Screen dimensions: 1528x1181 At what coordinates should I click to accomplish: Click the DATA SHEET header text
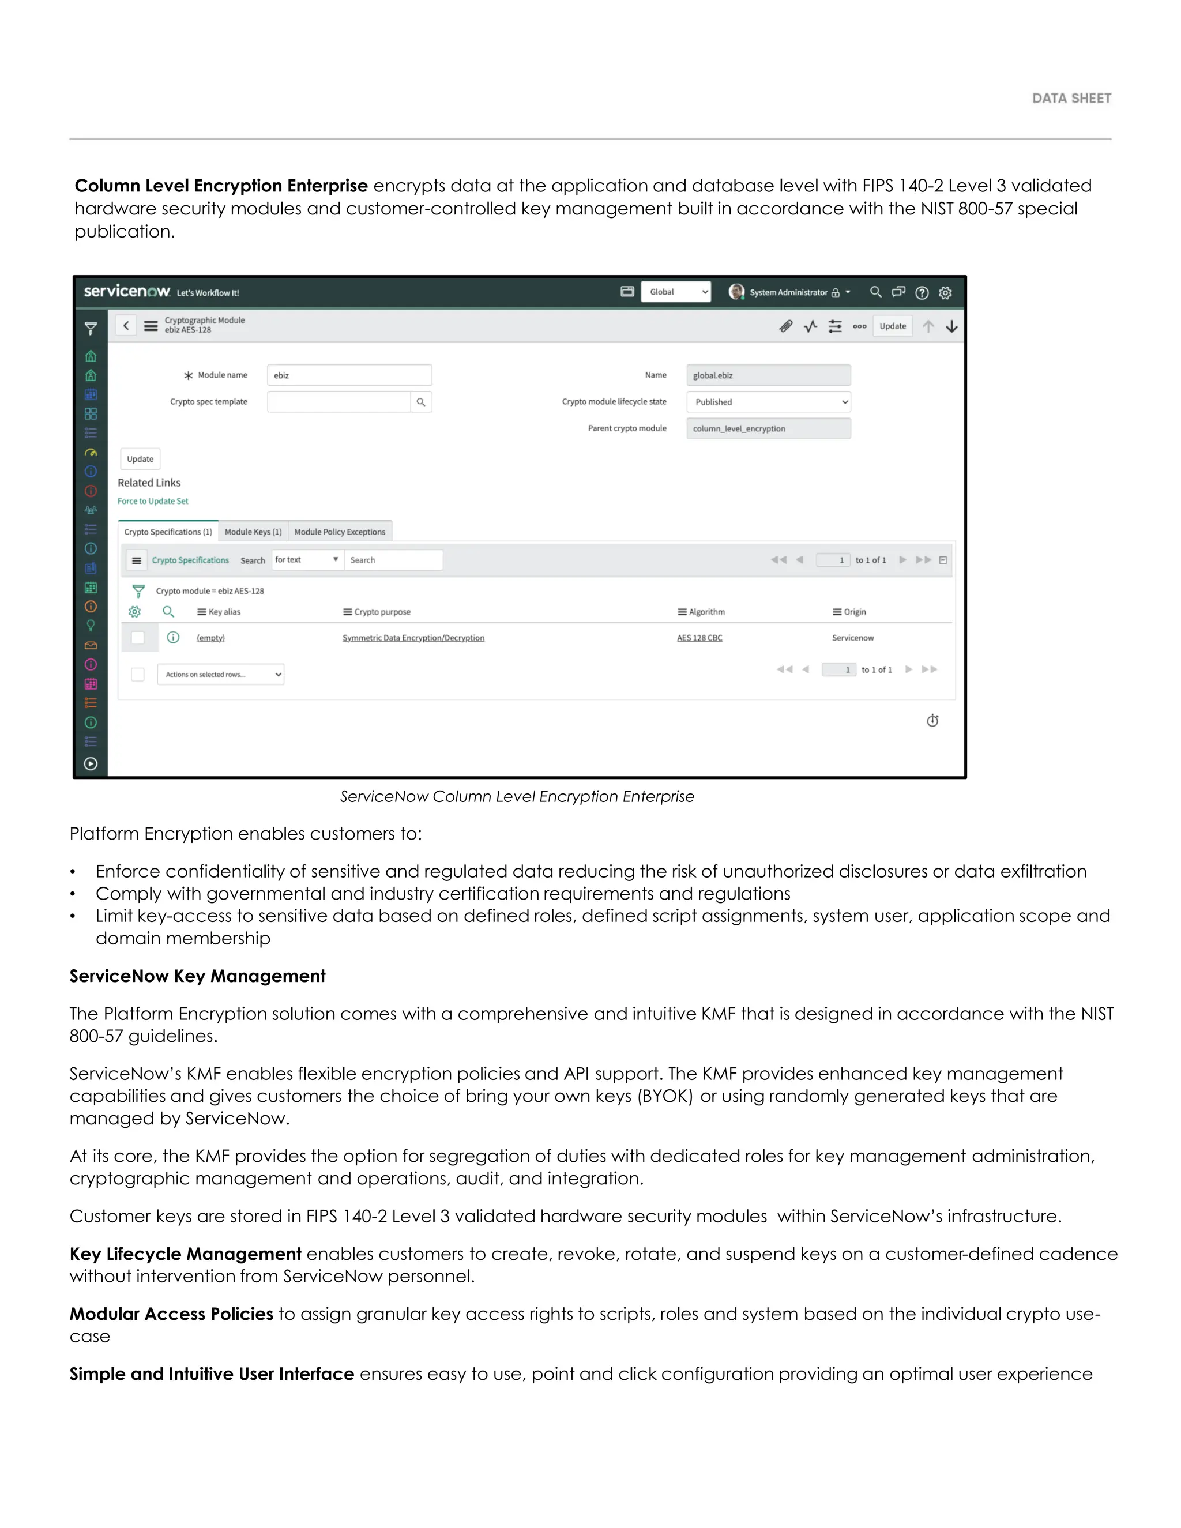point(1070,99)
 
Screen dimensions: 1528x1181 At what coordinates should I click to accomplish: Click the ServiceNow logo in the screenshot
point(127,291)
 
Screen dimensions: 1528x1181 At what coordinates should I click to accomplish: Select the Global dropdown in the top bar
point(675,292)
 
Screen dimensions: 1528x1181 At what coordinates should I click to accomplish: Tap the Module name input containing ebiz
point(348,375)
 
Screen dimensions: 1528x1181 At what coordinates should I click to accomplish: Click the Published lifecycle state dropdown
point(768,401)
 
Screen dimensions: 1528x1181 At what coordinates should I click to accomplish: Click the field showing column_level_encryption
point(768,428)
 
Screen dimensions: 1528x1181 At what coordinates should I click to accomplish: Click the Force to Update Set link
point(152,501)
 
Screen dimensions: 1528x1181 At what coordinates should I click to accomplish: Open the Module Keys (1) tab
point(253,532)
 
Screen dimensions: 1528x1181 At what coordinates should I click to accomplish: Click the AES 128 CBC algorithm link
point(699,637)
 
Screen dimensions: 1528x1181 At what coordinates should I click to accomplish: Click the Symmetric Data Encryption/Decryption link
point(413,637)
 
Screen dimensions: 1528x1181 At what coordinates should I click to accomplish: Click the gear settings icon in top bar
point(945,292)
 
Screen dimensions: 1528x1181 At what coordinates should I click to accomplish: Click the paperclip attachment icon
point(786,326)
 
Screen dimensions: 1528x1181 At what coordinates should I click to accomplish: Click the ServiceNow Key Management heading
point(197,976)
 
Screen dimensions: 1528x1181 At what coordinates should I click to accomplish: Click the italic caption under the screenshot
point(516,796)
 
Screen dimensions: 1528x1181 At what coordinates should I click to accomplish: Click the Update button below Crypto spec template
point(140,459)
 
